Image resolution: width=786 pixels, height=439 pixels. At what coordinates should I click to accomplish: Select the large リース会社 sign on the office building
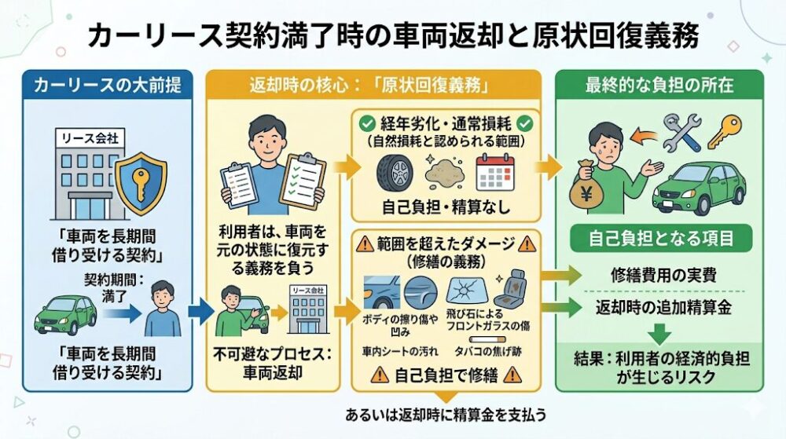coord(86,139)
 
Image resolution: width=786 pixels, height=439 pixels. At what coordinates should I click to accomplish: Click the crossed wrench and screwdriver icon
coord(681,133)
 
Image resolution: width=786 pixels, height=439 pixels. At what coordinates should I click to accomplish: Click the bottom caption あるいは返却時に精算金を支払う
coord(446,414)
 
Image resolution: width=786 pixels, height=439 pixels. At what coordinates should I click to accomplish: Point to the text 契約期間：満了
coord(108,285)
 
